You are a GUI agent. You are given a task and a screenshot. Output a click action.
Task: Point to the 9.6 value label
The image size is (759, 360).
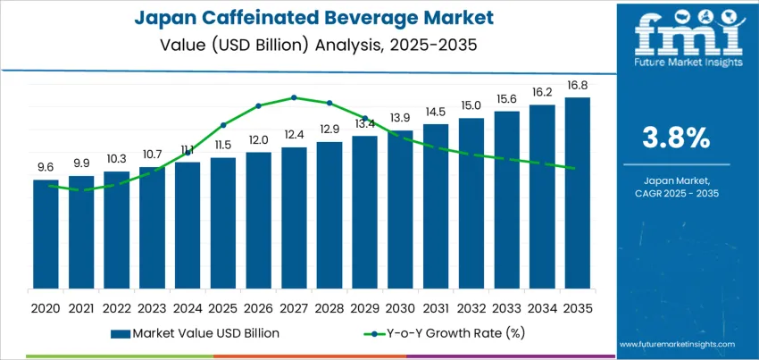[46, 167]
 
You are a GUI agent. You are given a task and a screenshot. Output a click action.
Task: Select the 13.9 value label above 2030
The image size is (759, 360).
[400, 118]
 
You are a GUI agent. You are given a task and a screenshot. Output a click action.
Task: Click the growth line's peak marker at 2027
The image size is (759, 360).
[294, 97]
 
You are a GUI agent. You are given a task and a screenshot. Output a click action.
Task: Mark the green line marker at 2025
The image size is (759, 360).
[223, 124]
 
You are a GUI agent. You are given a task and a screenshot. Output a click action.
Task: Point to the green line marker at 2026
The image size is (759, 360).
[258, 105]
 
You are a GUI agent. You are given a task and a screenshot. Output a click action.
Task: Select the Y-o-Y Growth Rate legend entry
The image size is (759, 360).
[429, 333]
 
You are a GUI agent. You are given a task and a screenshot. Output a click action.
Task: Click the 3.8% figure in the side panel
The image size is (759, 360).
[676, 138]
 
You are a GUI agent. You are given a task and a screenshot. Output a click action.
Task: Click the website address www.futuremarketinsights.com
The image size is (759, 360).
[676, 344]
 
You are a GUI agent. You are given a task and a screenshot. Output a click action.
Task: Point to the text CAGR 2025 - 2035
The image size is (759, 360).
[676, 193]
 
